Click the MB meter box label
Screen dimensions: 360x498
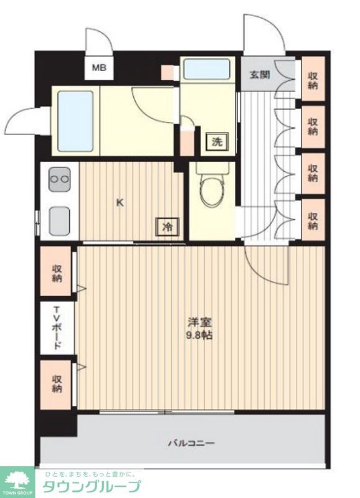pos(99,67)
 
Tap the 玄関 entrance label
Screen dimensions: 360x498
pos(260,75)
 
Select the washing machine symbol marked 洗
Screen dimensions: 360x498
pos(217,141)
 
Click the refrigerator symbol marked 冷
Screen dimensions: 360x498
pos(167,227)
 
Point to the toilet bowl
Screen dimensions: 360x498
pos(212,188)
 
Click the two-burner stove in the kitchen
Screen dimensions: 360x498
pos(60,179)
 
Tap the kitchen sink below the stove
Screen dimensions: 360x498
pos(59,221)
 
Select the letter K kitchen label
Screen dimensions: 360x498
pos(120,202)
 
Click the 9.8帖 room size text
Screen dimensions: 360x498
pos(199,336)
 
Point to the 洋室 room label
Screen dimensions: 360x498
pos(199,322)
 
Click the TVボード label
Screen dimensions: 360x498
pos(57,327)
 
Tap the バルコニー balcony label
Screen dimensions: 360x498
pos(191,443)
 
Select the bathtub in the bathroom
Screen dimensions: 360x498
pos(75,121)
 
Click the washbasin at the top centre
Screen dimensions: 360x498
pos(207,69)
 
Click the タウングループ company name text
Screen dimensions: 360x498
pos(92,486)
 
